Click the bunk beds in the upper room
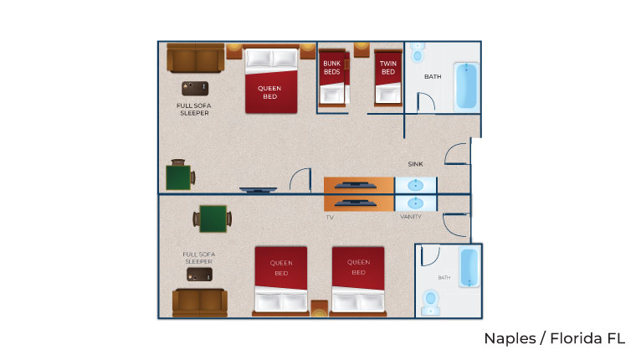[x=334, y=76]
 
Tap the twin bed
[x=387, y=77]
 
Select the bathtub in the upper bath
[x=465, y=87]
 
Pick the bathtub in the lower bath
[x=469, y=268]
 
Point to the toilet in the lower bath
[x=432, y=301]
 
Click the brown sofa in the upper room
[x=195, y=59]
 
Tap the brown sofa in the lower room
[x=198, y=302]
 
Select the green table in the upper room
[x=179, y=177]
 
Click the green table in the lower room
[x=213, y=219]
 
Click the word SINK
[x=415, y=164]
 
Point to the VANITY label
[x=411, y=217]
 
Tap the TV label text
[x=330, y=217]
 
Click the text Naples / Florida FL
[x=554, y=339]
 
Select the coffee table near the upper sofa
[x=194, y=88]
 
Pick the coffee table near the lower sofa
[x=198, y=274]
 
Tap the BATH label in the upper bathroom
[x=433, y=77]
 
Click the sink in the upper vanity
[x=415, y=185]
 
